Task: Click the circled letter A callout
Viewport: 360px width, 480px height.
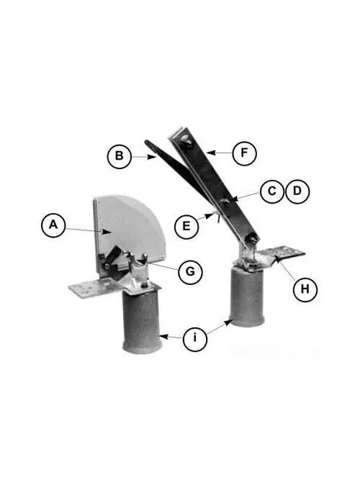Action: click(53, 225)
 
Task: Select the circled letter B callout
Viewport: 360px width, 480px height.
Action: click(120, 156)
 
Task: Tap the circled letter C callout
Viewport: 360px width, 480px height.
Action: click(272, 191)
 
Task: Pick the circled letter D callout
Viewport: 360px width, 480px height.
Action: click(297, 191)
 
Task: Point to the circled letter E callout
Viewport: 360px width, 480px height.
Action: click(186, 227)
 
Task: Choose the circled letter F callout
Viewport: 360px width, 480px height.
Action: click(244, 153)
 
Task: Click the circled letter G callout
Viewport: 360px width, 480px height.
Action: click(190, 272)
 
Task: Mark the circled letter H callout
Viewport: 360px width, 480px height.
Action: click(305, 289)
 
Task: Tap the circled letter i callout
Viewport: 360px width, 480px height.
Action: click(195, 339)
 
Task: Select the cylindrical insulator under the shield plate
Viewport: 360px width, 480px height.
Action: click(142, 322)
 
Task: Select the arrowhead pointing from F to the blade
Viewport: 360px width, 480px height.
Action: click(210, 152)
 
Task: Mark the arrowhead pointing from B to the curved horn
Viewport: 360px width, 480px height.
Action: click(152, 157)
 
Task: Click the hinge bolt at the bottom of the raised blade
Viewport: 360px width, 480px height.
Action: click(253, 237)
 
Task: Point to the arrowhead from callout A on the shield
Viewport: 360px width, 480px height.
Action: click(107, 232)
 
